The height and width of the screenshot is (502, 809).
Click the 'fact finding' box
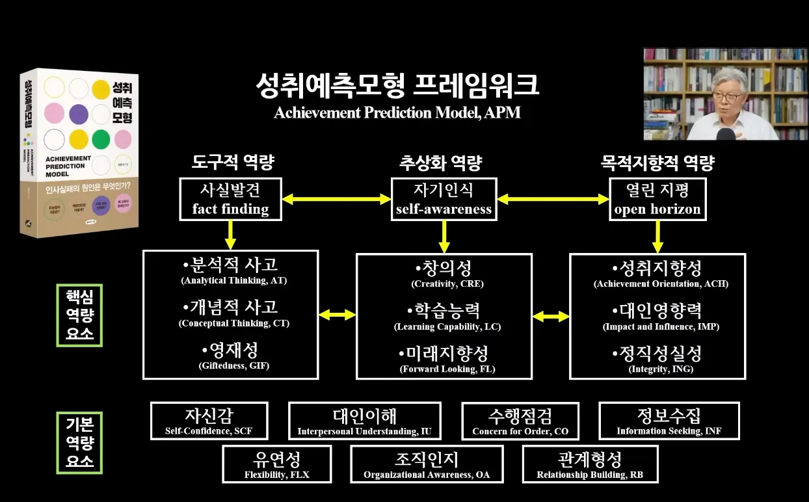pyautogui.click(x=230, y=199)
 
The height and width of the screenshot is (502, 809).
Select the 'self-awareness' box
pyautogui.click(x=444, y=199)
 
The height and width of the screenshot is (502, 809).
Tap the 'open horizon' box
pyautogui.click(x=657, y=199)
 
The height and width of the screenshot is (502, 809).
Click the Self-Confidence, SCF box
pyautogui.click(x=209, y=421)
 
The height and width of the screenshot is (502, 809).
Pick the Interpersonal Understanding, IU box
pyautogui.click(x=364, y=421)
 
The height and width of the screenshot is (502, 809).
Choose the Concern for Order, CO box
pyautogui.click(x=520, y=421)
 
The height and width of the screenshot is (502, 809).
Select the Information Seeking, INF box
pyautogui.click(x=669, y=421)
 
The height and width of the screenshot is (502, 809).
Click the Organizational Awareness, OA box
pyautogui.click(x=427, y=464)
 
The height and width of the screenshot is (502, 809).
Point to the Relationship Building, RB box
pyautogui.click(x=590, y=464)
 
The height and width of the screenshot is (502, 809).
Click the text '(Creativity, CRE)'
pyautogui.click(x=447, y=284)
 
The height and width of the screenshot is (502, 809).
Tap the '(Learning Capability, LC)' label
pyautogui.click(x=447, y=327)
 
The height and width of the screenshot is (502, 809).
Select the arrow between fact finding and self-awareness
pyautogui.click(x=336, y=200)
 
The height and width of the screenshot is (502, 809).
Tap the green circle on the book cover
pyautogui.click(x=101, y=139)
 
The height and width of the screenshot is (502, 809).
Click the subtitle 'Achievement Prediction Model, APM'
pyautogui.click(x=397, y=112)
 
